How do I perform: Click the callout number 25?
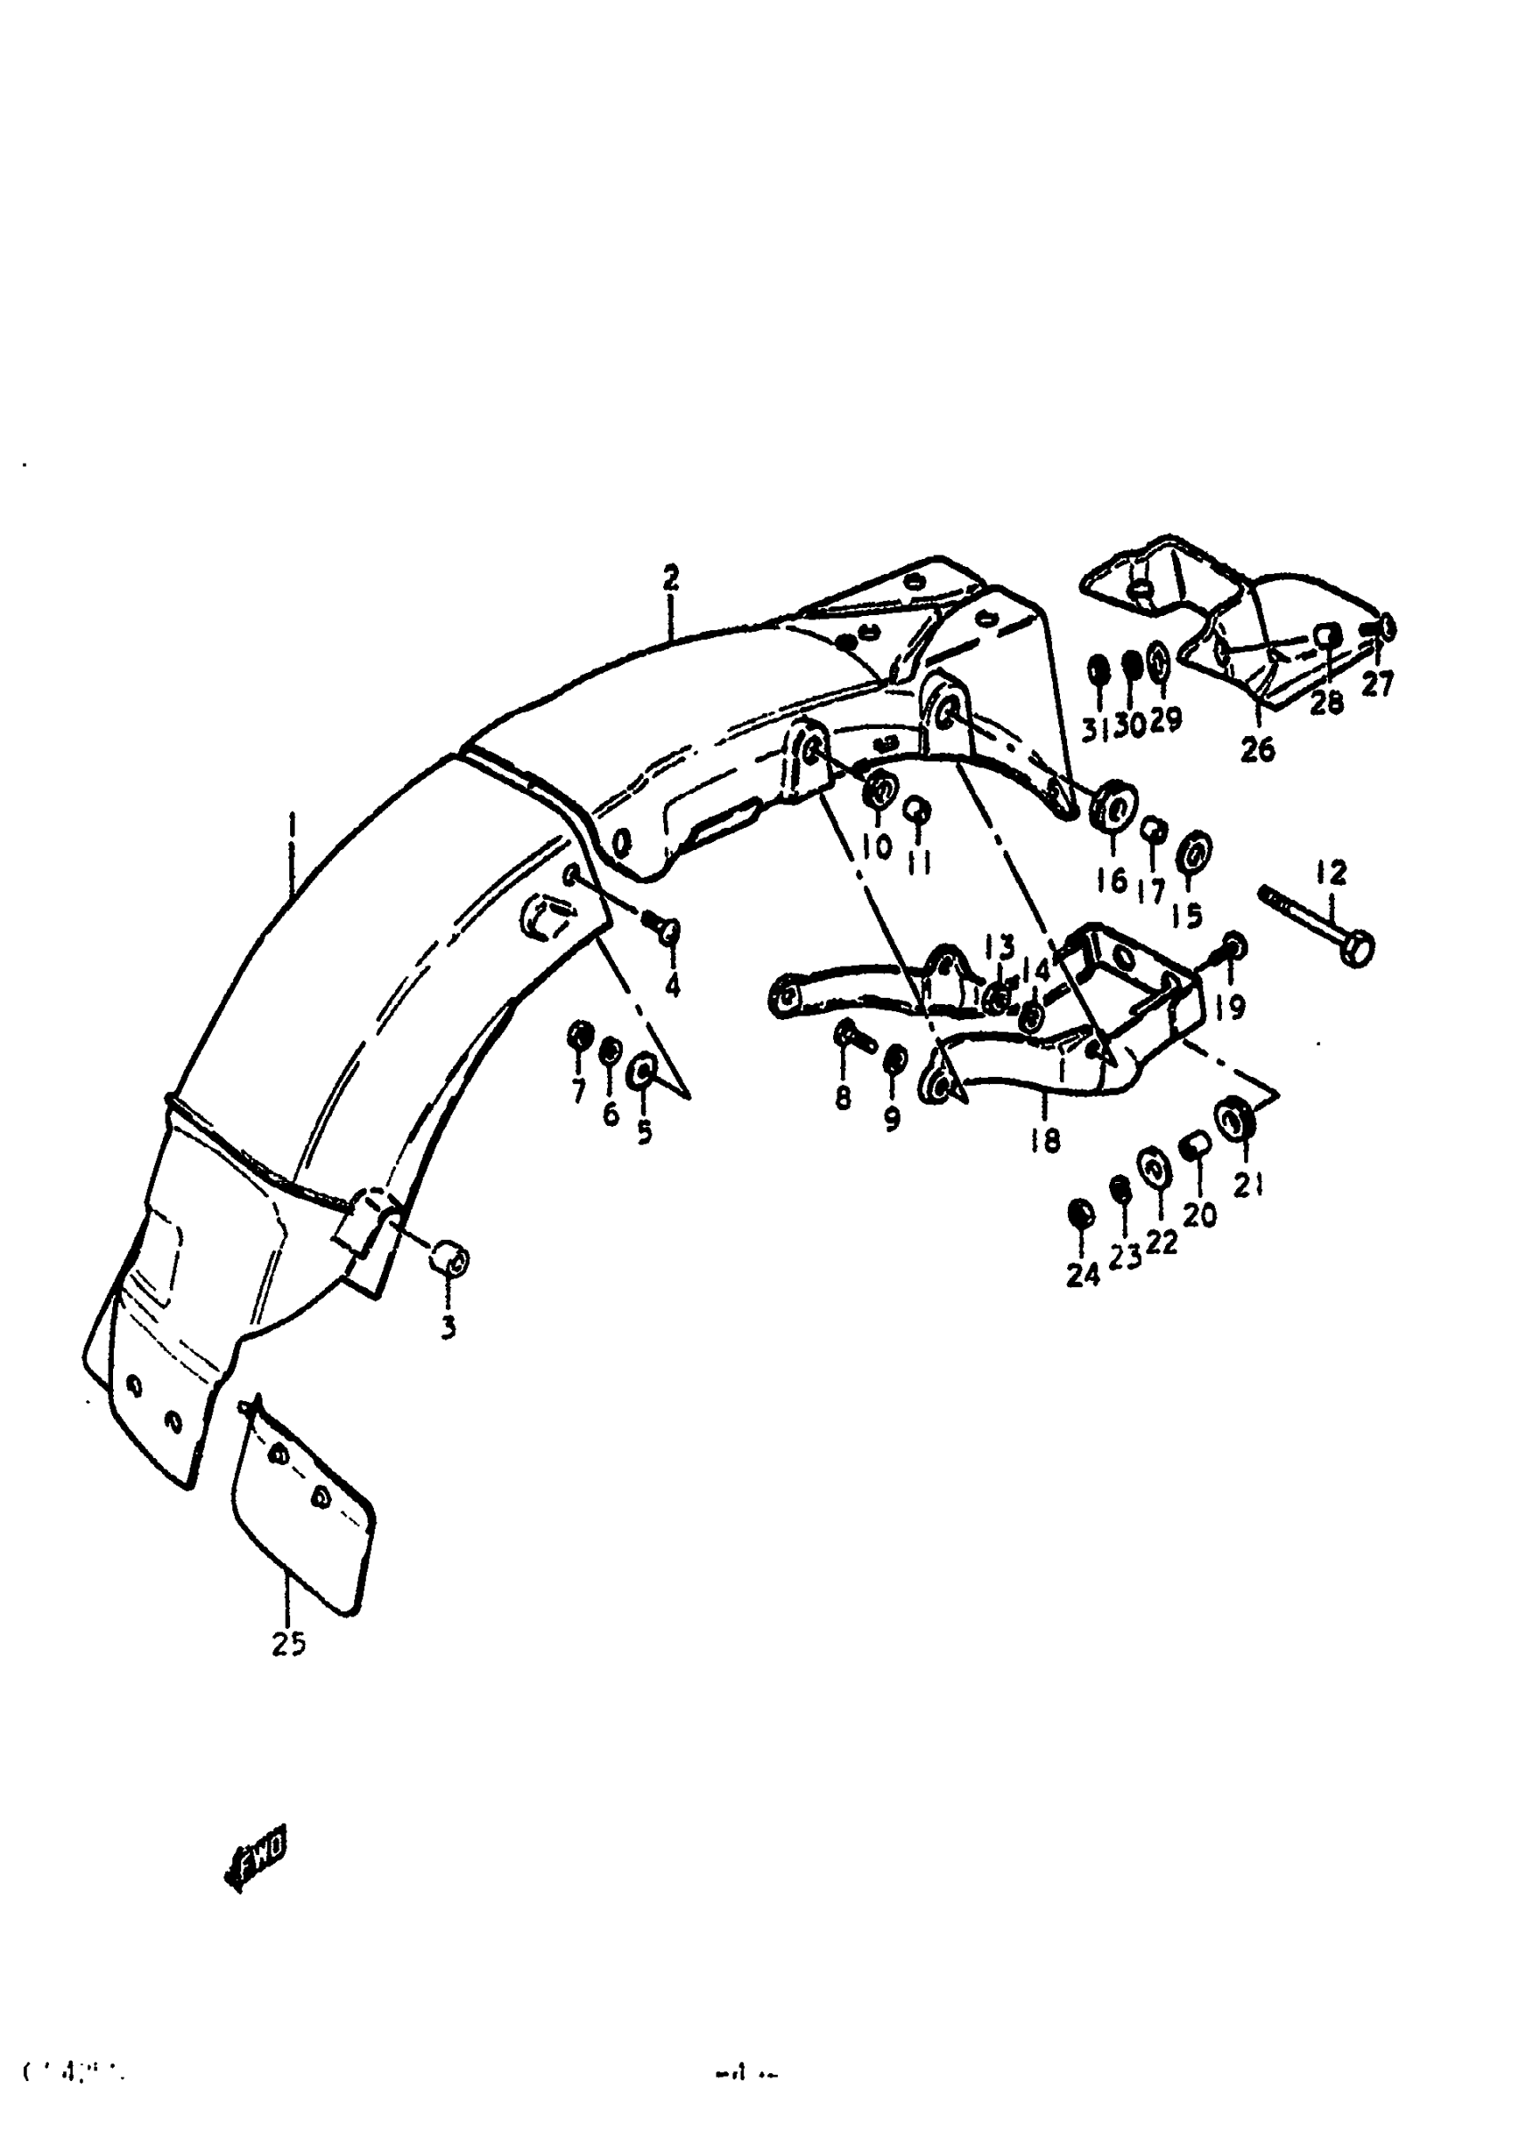point(289,1645)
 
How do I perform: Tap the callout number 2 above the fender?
point(671,579)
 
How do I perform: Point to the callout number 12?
point(1331,873)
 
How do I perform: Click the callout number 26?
point(1258,748)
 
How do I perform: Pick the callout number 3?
point(449,1326)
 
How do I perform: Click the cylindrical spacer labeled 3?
point(449,1259)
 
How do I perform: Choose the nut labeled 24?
point(1080,1214)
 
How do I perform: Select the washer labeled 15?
point(1193,851)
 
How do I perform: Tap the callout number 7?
point(578,1089)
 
